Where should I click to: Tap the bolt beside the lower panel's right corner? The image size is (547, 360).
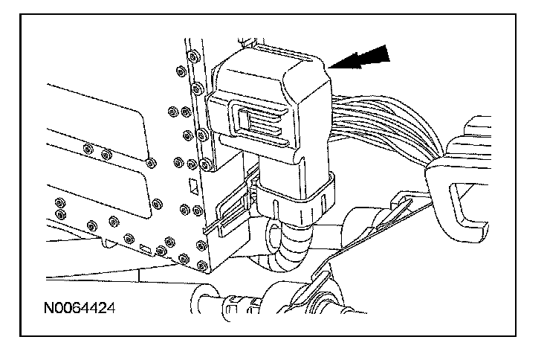[157, 202]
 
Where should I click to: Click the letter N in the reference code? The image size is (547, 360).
[48, 306]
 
